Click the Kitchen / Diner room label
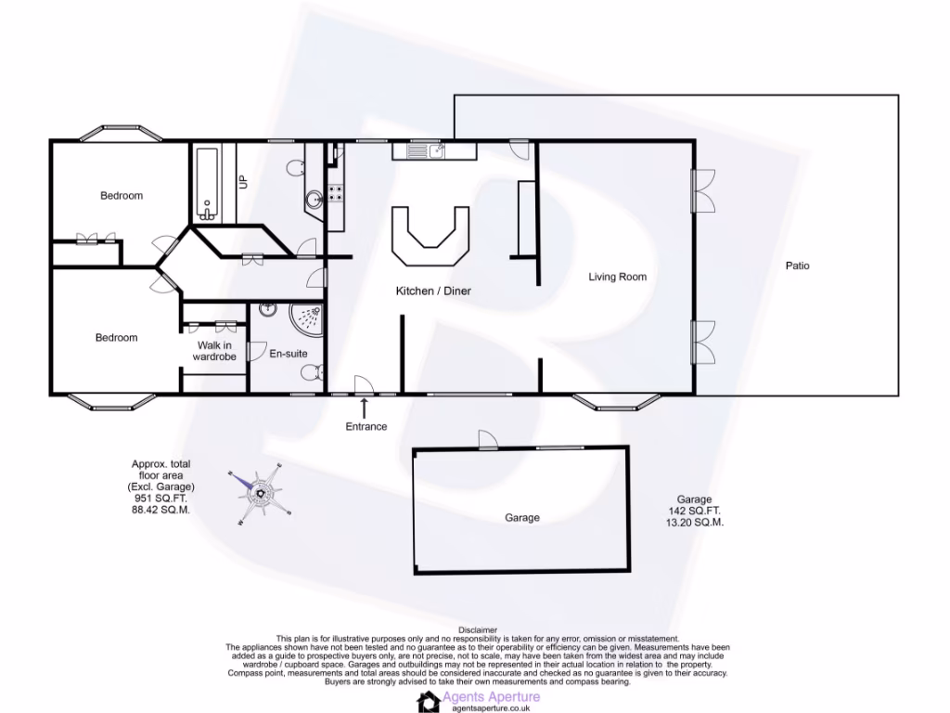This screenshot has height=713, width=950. [433, 291]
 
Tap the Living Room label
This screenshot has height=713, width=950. [617, 277]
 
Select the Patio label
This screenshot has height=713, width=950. [797, 266]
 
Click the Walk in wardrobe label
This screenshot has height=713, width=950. [214, 350]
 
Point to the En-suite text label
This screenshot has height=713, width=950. [288, 354]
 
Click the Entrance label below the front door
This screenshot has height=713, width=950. [366, 426]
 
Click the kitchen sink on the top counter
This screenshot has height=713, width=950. [435, 149]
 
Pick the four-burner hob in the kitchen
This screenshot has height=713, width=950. [335, 194]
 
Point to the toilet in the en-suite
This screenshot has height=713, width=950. [314, 373]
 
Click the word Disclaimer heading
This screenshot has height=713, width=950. [477, 629]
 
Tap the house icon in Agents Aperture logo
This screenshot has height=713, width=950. [428, 701]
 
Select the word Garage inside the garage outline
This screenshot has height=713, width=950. [521, 517]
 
